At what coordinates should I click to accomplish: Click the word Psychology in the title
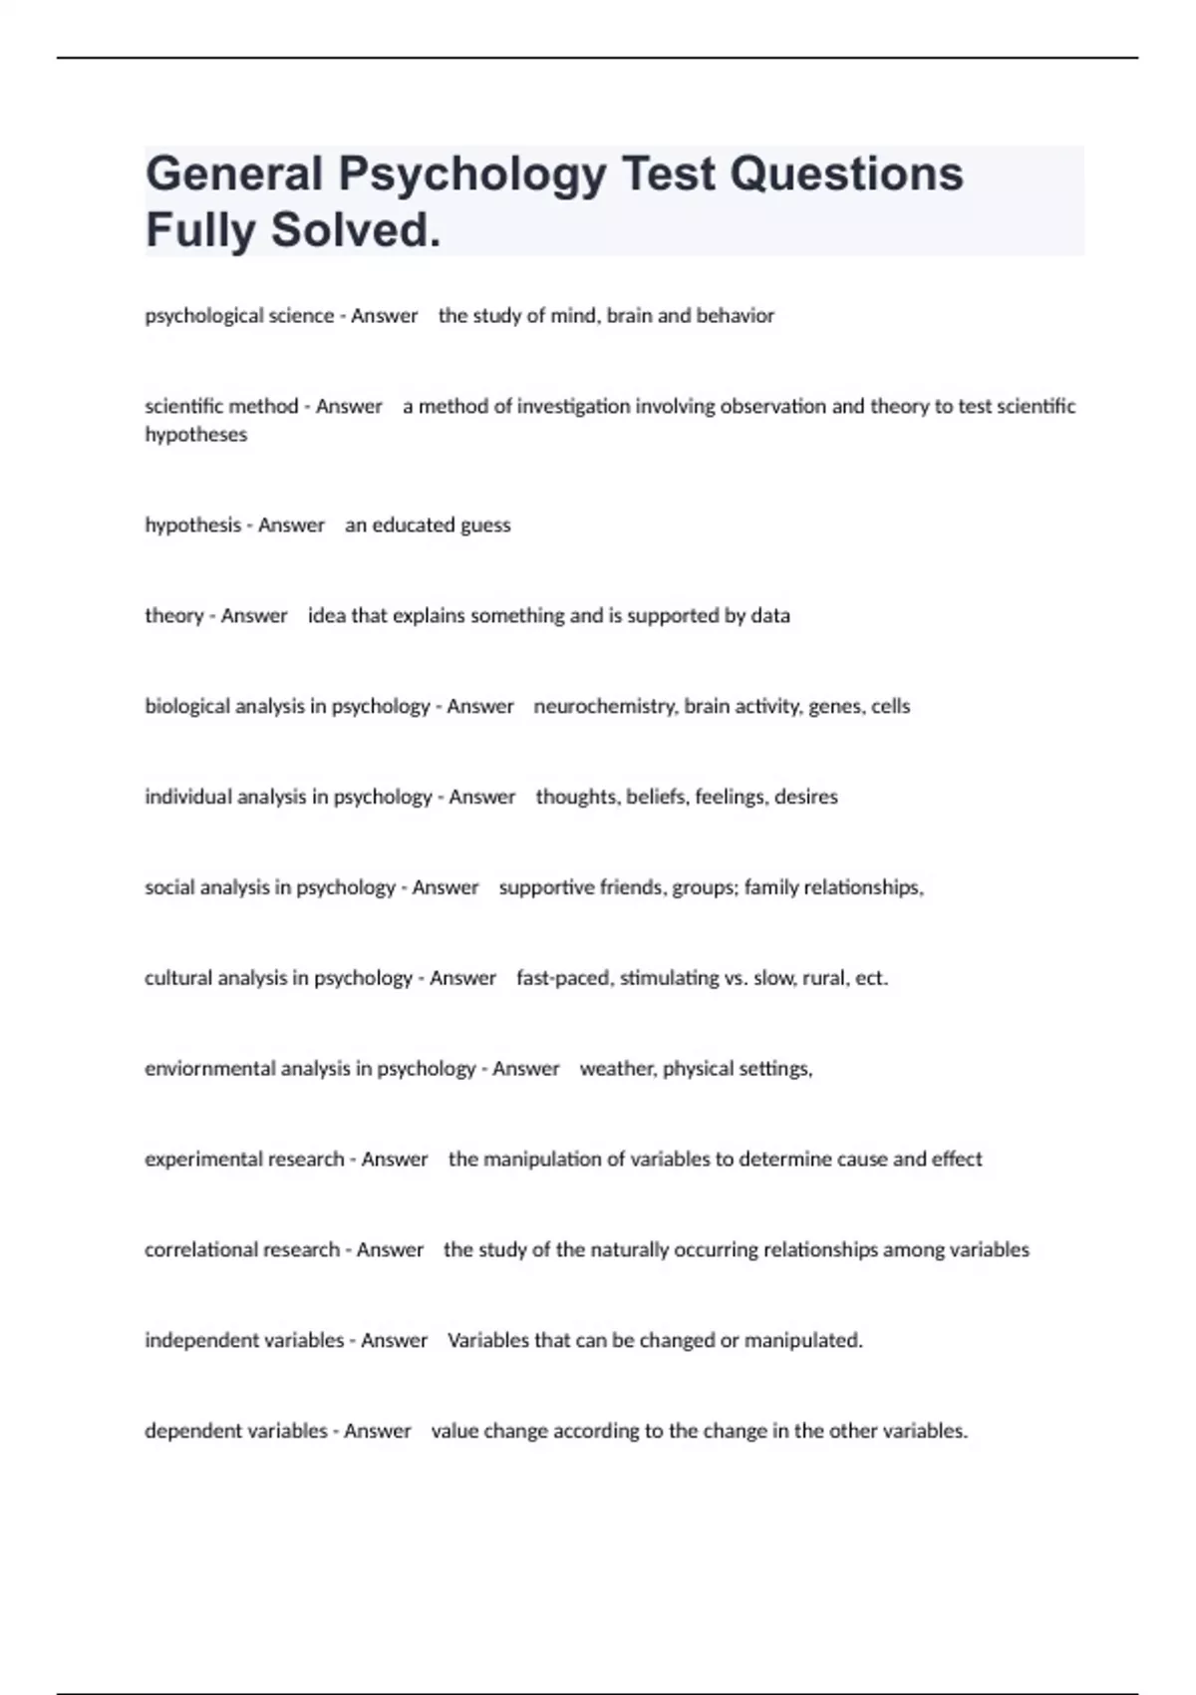tap(472, 173)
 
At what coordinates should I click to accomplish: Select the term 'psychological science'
tap(239, 316)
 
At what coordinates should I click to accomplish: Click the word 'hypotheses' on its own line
tap(196, 435)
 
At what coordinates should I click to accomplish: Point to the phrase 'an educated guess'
tap(428, 525)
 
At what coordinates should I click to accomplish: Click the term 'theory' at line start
tap(174, 616)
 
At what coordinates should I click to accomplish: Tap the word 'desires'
tap(806, 797)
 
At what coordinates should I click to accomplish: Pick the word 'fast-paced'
tap(563, 978)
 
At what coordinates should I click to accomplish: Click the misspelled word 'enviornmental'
tap(210, 1069)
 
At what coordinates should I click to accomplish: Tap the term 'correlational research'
tap(242, 1250)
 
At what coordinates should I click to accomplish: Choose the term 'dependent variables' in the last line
tap(236, 1432)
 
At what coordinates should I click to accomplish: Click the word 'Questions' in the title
tap(846, 173)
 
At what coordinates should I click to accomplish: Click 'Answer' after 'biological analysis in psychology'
tap(480, 707)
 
